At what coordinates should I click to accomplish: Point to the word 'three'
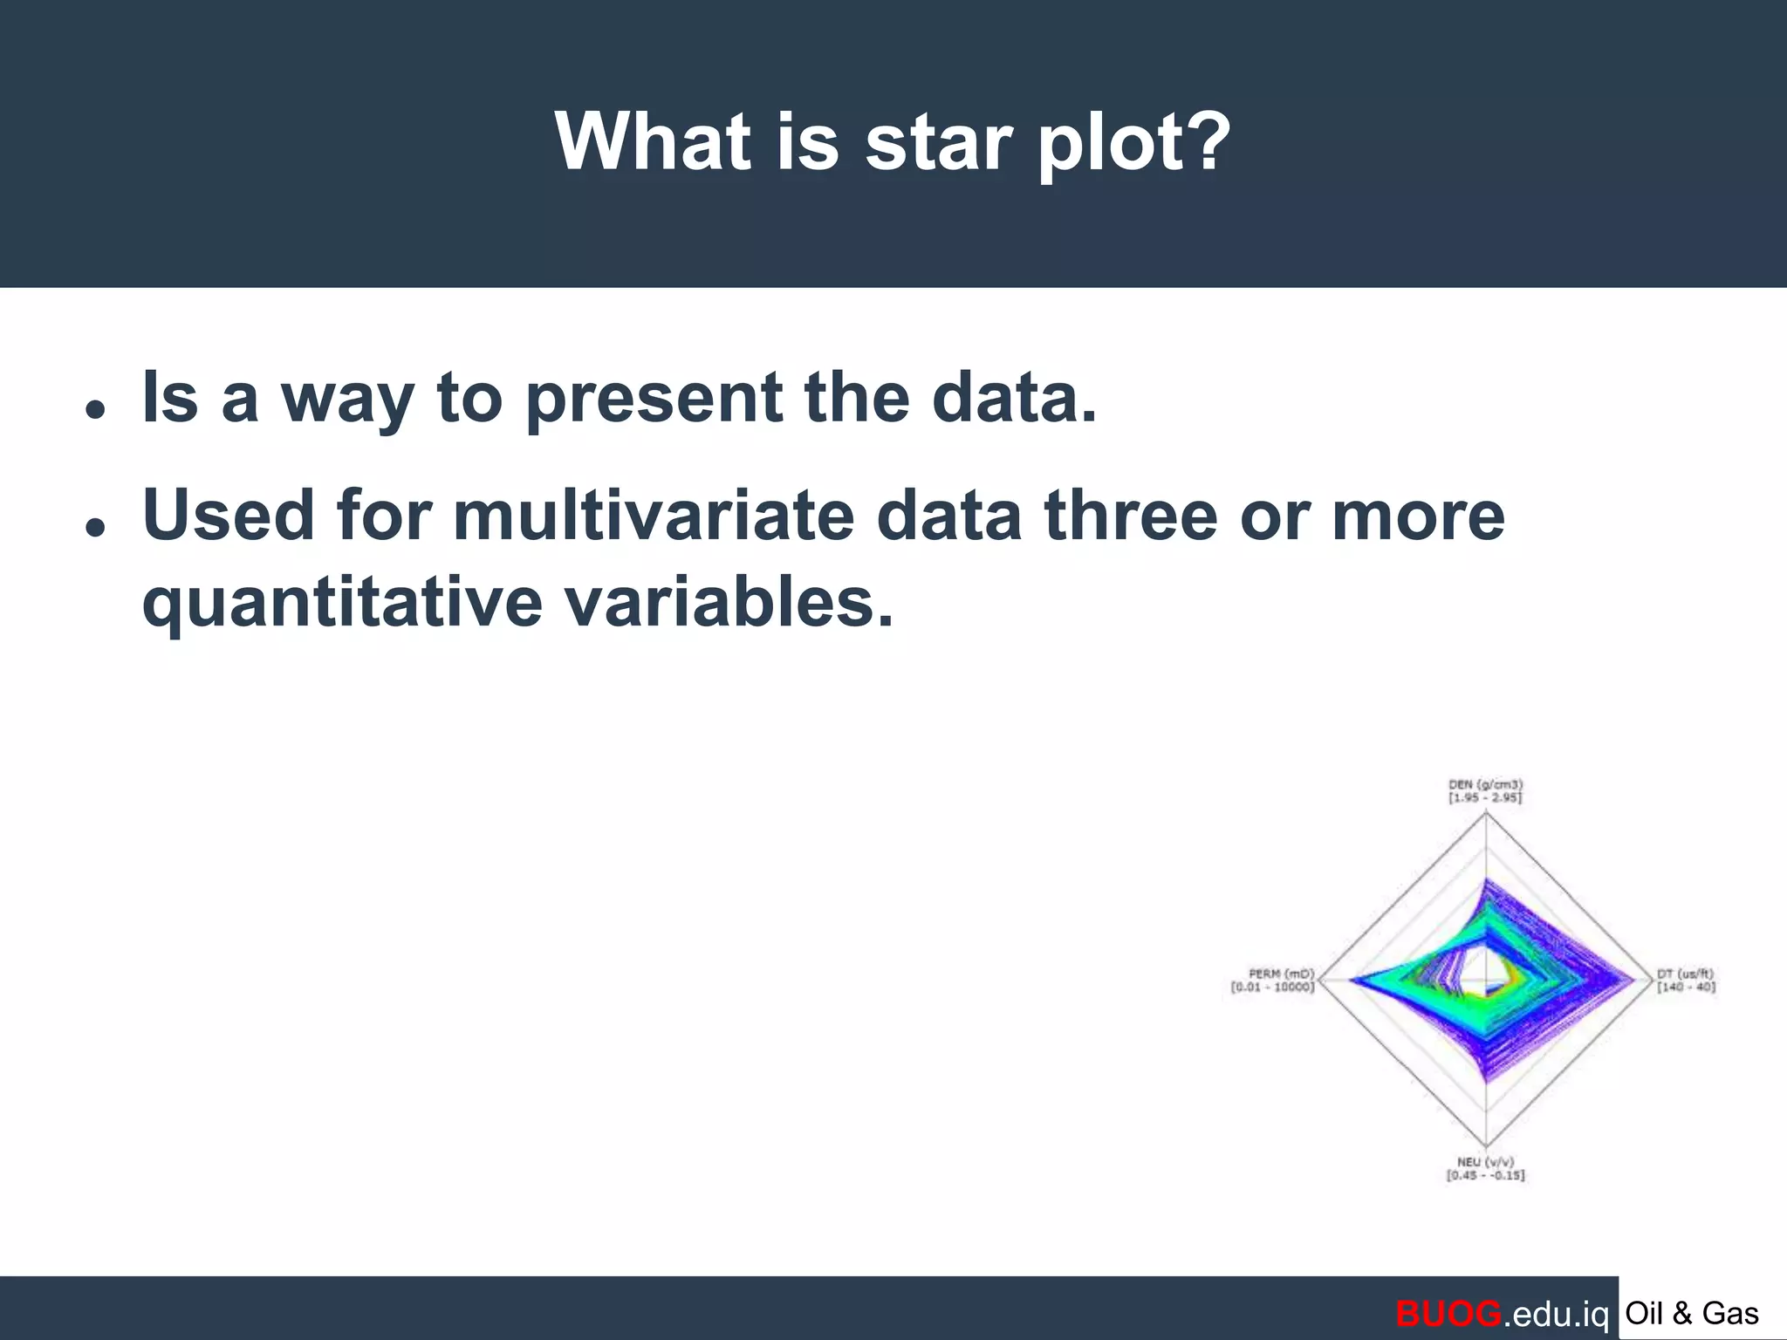(1130, 516)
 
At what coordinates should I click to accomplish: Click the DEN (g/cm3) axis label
(1485, 785)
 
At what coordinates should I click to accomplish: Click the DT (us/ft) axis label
(1685, 974)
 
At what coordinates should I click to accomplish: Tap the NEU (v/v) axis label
(1485, 1162)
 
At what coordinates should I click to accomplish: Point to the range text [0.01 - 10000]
(1272, 988)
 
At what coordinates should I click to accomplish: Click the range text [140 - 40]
(1686, 988)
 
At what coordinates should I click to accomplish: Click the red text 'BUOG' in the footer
(1448, 1313)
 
